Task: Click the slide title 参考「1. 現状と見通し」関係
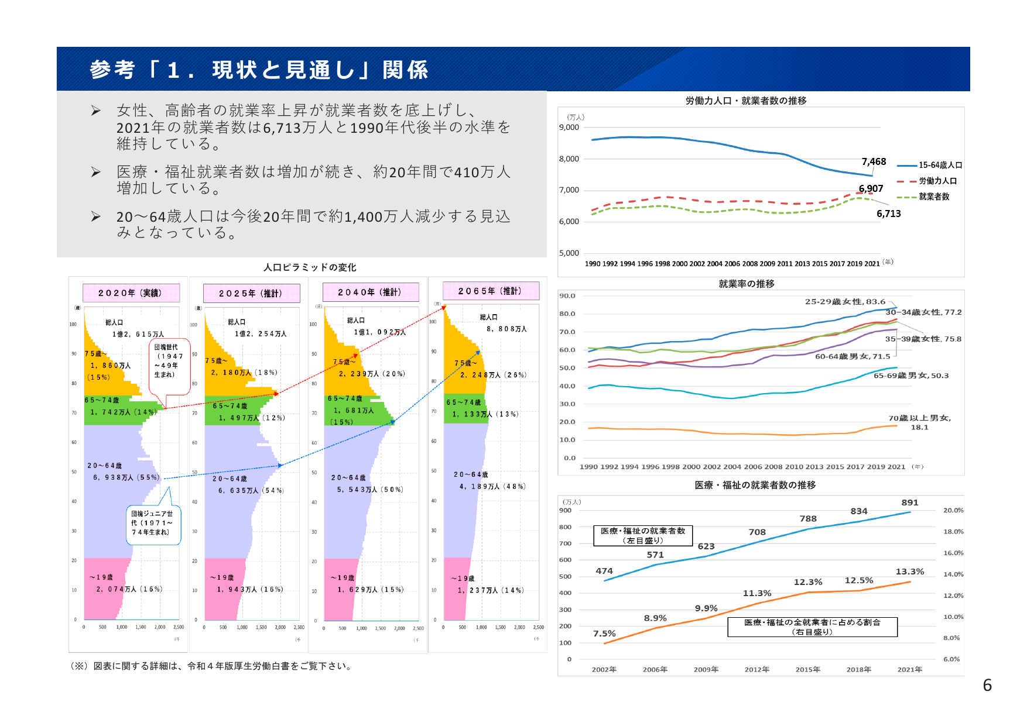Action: point(259,70)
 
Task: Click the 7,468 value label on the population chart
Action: point(874,161)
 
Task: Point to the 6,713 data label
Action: point(888,214)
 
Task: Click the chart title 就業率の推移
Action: point(746,284)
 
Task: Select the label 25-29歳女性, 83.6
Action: point(844,302)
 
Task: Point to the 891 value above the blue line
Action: point(909,503)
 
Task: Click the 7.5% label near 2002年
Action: point(604,634)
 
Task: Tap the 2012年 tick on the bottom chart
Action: point(756,669)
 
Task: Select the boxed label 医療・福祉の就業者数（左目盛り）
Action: point(642,535)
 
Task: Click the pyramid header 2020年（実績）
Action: point(130,293)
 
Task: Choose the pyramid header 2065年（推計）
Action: point(489,291)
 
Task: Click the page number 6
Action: point(987,685)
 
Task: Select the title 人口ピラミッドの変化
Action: point(310,267)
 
